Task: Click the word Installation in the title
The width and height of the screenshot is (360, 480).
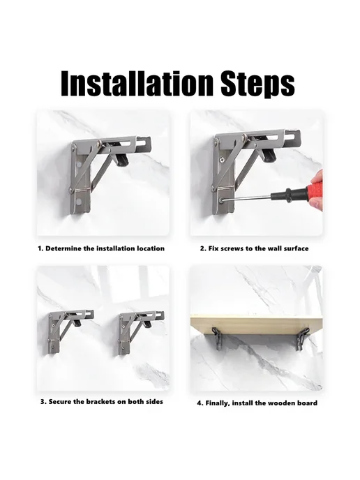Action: (x=137, y=84)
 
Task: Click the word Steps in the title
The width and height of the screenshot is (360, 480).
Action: (x=257, y=84)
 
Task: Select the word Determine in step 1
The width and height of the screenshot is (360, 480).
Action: (x=63, y=248)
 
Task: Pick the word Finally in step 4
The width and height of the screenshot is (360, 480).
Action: (x=218, y=403)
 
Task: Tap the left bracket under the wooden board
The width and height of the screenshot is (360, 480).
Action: (x=217, y=338)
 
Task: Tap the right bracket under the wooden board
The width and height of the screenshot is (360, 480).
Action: (x=302, y=340)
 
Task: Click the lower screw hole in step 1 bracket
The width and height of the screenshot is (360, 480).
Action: (x=80, y=202)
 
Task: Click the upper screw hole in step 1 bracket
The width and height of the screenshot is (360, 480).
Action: (x=80, y=164)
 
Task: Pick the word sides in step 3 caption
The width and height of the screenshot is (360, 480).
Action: (x=153, y=401)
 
